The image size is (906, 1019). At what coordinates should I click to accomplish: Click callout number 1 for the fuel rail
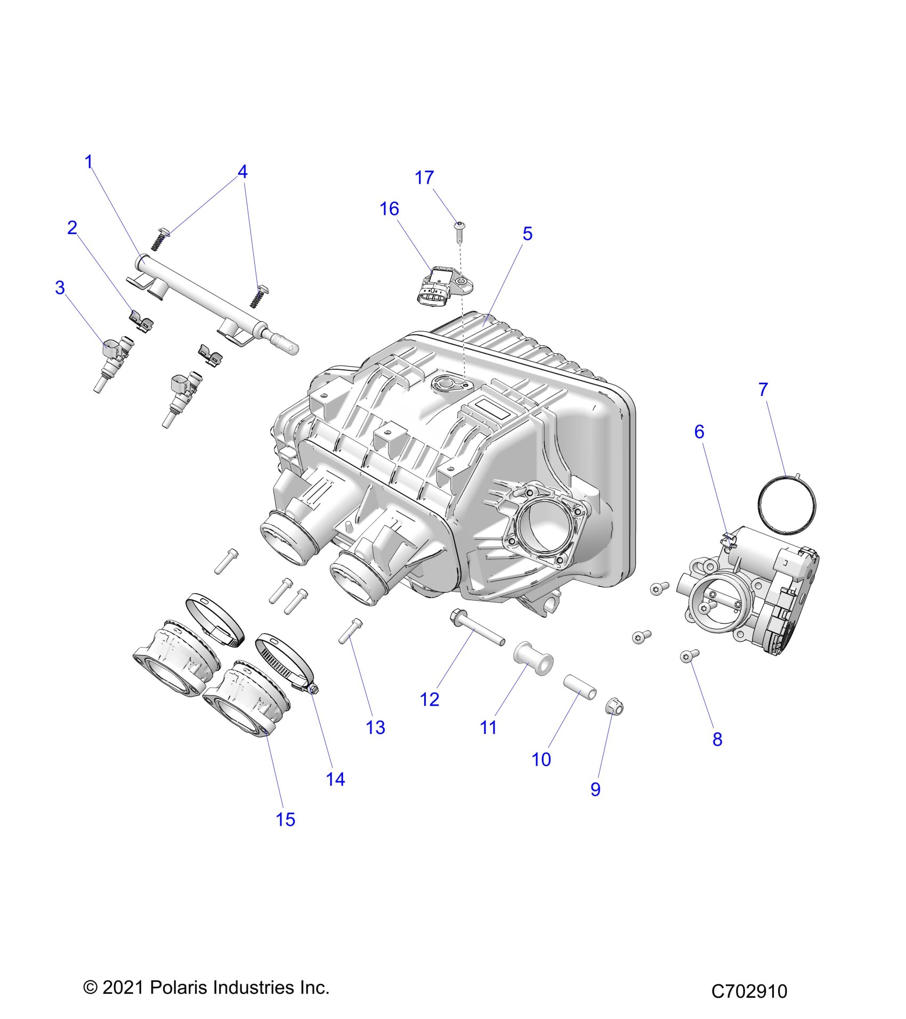click(x=89, y=161)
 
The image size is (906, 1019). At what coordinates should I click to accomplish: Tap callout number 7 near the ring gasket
click(x=763, y=390)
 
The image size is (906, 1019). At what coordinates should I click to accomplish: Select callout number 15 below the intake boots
click(x=285, y=819)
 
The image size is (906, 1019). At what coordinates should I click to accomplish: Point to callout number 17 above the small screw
click(x=424, y=177)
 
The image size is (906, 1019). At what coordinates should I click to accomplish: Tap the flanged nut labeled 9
click(x=614, y=708)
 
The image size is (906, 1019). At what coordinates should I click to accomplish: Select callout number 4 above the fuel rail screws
click(x=242, y=172)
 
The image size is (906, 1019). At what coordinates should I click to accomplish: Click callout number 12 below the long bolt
click(x=430, y=699)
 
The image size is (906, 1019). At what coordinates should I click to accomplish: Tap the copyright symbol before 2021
click(x=90, y=988)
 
